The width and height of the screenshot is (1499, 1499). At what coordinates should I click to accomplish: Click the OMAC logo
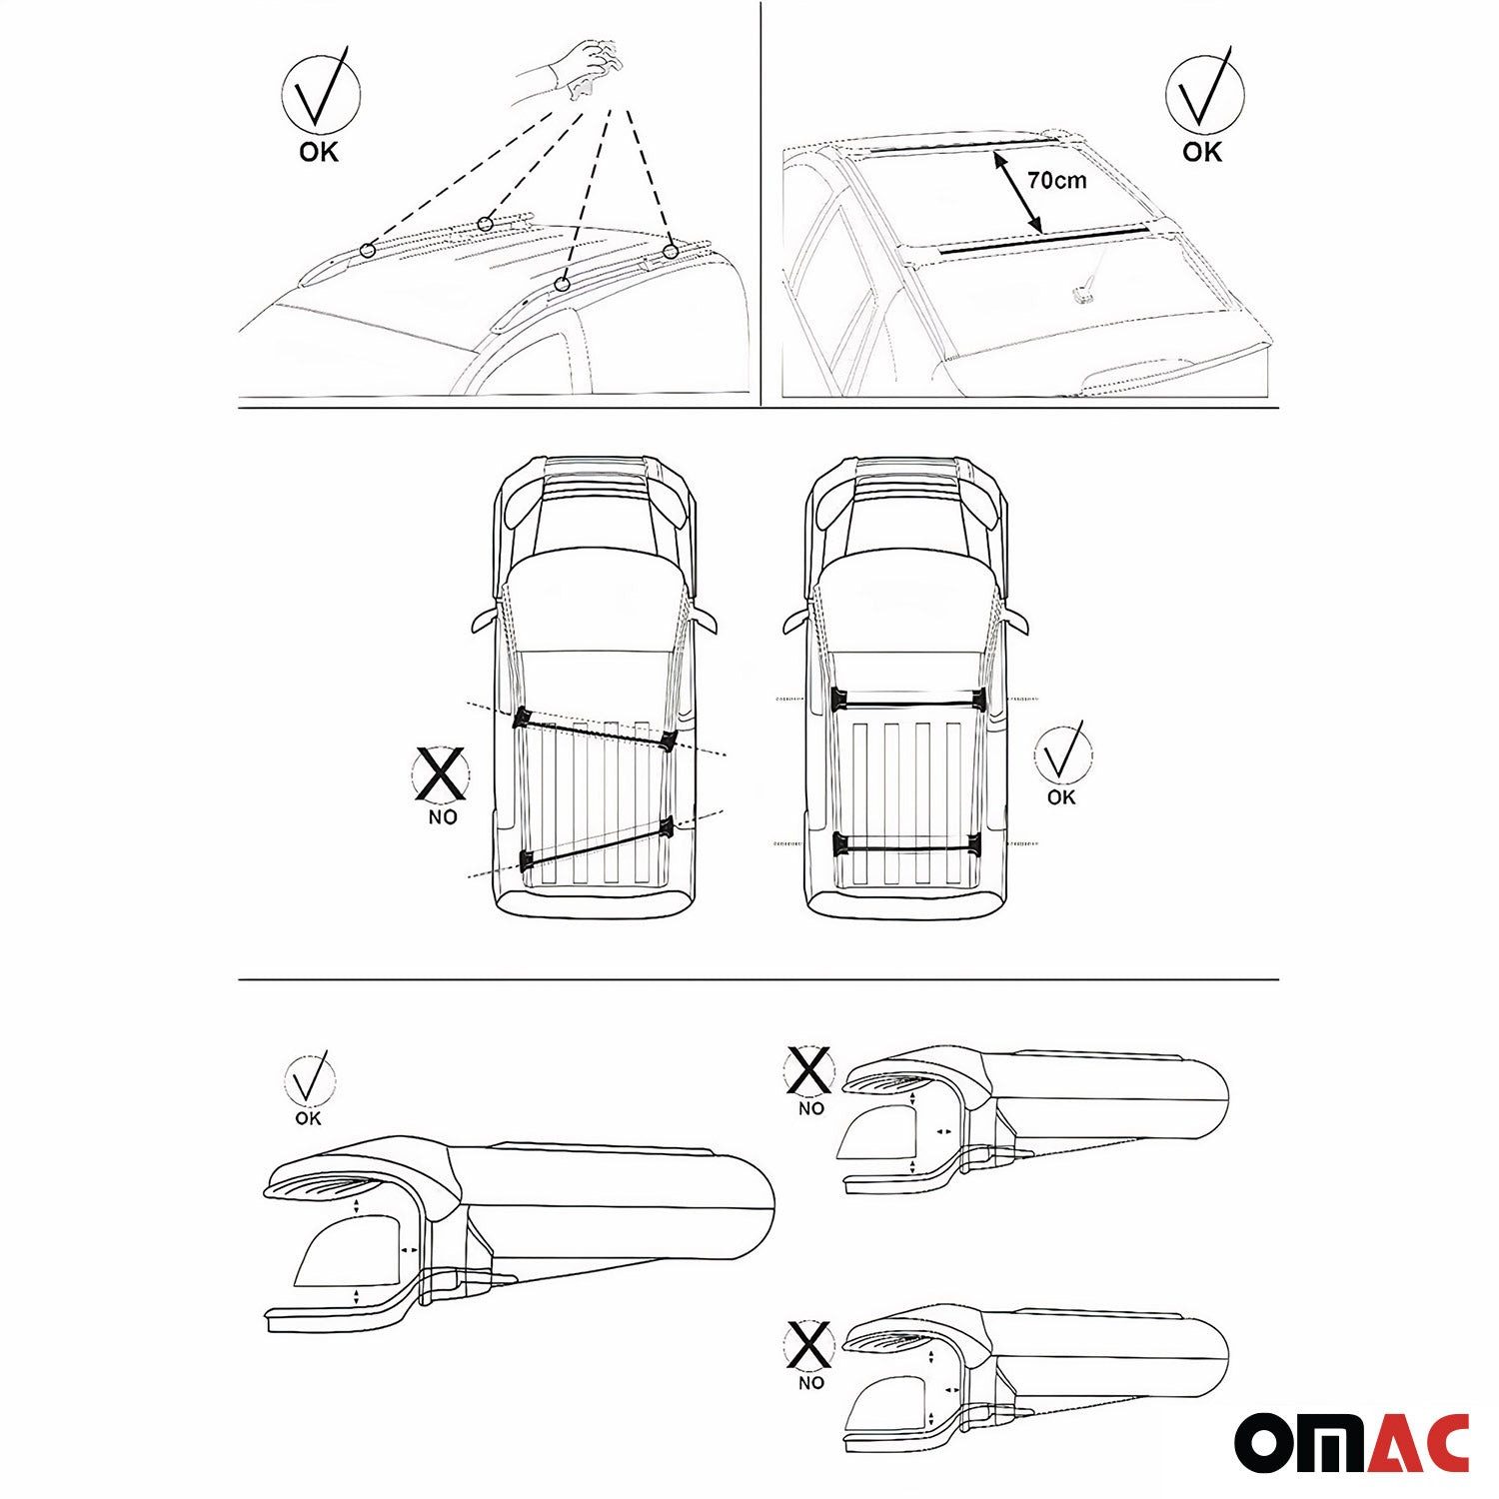pos(1351,1442)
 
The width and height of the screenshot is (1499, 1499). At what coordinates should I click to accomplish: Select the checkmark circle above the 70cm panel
pos(1204,92)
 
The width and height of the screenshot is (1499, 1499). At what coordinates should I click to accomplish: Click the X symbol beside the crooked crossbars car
pos(441,773)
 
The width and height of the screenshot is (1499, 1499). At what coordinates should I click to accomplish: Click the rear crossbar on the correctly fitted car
pos(908,845)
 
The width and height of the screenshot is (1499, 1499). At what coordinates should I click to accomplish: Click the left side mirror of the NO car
pos(484,620)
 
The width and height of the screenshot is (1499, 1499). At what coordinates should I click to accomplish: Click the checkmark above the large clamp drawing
pos(309,1079)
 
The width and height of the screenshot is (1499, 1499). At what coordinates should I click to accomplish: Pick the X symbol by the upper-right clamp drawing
pos(809,1071)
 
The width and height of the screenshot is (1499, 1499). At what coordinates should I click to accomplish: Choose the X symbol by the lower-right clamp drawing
pos(809,1344)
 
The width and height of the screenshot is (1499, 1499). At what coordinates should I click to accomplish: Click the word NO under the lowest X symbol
pos(811,1383)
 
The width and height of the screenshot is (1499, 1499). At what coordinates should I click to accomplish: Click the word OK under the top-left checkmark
pos(319,152)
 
